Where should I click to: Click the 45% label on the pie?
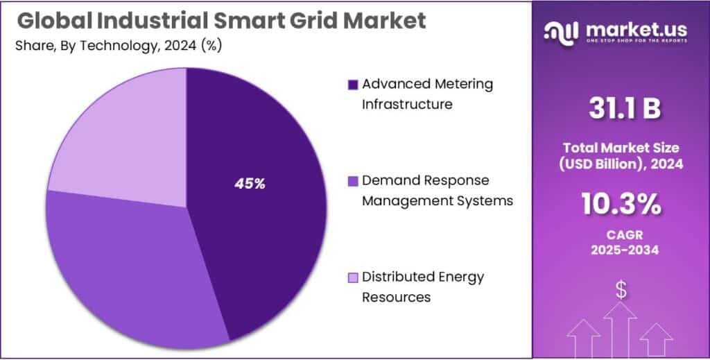(x=250, y=184)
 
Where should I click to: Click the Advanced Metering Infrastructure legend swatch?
(x=352, y=85)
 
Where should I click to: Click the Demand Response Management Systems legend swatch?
(x=352, y=181)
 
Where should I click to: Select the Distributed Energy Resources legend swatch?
(x=352, y=277)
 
